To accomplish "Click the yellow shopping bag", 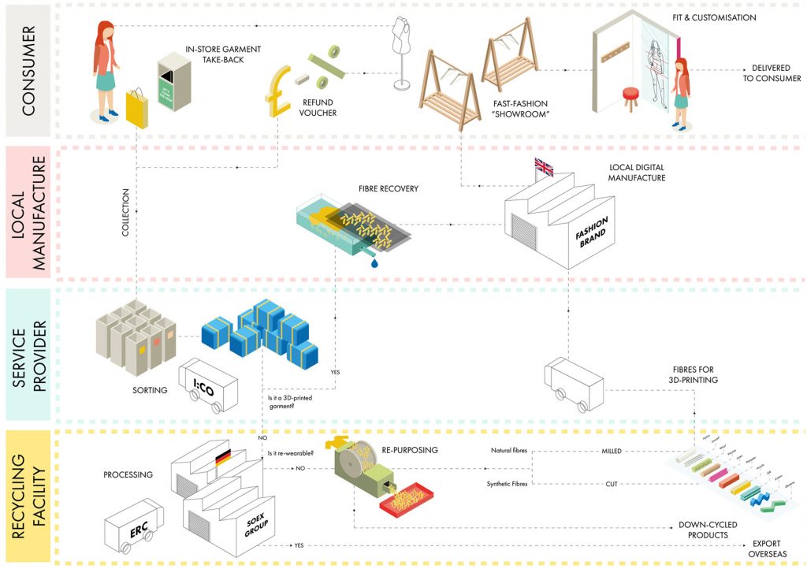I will [x=139, y=108].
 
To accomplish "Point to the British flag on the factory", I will [x=544, y=166].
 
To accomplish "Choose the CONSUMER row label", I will [x=28, y=71].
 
